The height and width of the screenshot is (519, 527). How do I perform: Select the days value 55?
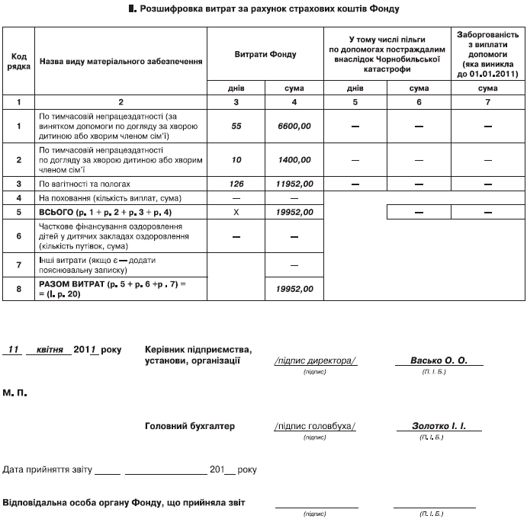tap(236, 126)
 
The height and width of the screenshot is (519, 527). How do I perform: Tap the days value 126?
tap(236, 184)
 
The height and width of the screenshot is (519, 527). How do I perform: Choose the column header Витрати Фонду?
tap(266, 56)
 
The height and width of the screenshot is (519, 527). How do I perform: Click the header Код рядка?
tap(18, 61)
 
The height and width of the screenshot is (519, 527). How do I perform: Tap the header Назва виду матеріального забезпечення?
tap(121, 61)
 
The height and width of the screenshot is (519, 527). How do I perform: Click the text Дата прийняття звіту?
tap(48, 469)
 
